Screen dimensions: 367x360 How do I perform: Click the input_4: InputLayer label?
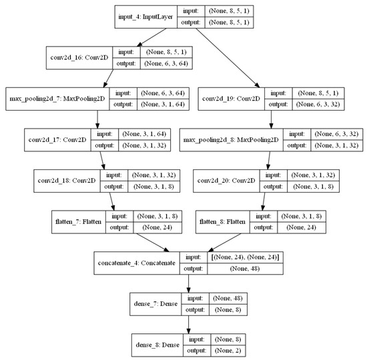point(145,17)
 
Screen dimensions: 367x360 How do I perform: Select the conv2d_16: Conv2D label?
point(79,57)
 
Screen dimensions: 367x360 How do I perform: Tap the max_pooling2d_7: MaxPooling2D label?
point(57,99)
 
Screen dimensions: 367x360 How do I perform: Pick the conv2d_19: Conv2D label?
point(232,99)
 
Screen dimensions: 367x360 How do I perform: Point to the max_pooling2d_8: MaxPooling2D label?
point(231,140)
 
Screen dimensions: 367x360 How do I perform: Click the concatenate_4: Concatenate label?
point(137,263)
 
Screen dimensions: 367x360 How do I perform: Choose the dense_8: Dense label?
point(157,345)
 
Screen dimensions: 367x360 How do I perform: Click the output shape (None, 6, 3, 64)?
point(166,63)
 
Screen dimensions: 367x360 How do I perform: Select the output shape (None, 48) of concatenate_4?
point(245,269)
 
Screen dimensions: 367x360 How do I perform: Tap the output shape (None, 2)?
point(228,351)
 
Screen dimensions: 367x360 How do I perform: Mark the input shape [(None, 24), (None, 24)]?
point(245,257)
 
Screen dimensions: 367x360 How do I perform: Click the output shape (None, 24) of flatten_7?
point(157,227)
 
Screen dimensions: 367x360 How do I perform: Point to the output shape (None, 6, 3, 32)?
point(318,104)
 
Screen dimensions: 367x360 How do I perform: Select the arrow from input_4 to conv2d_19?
point(228,58)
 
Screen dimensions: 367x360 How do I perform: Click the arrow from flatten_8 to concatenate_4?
point(224,243)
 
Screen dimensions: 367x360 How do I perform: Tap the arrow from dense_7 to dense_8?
point(188,325)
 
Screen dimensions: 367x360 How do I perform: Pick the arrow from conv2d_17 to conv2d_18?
point(103,161)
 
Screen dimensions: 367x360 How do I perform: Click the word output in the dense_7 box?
point(196,310)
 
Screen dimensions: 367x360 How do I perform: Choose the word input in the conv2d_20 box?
point(273,175)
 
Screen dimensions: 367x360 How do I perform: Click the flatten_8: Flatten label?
point(222,222)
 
